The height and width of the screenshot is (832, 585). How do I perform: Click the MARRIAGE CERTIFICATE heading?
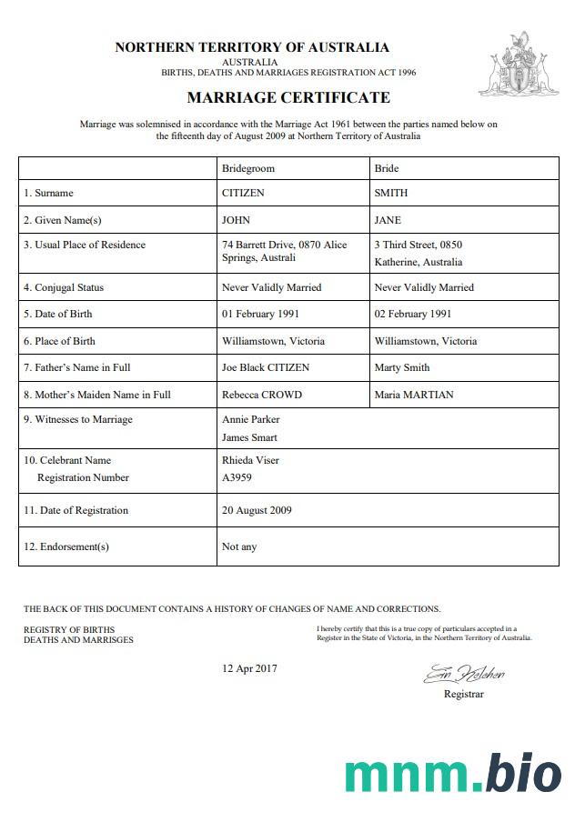[x=288, y=97]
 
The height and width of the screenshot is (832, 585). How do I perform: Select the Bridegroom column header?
[x=247, y=168]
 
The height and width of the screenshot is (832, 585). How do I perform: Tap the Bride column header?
[x=387, y=168]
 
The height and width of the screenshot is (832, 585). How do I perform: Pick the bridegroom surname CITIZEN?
[x=243, y=193]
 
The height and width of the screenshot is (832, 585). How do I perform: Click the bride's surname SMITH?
[x=391, y=193]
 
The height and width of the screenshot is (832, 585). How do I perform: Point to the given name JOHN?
[x=236, y=220]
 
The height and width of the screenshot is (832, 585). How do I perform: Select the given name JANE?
[x=388, y=220]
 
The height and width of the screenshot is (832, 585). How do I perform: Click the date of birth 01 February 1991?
[x=260, y=314]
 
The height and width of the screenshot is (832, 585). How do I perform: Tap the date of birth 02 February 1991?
[x=413, y=314]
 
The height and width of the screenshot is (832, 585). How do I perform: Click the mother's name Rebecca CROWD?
[x=261, y=395]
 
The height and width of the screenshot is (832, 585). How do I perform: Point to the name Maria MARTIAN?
[x=413, y=395]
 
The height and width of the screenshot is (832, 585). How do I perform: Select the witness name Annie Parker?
[x=250, y=419]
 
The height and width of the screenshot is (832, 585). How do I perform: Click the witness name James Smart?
[x=250, y=437]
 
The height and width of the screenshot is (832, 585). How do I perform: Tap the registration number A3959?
[x=237, y=477]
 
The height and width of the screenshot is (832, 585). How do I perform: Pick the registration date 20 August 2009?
[x=257, y=510]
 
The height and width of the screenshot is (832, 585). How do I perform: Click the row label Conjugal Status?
[x=64, y=287]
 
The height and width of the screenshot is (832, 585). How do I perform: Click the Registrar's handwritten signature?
[x=463, y=675]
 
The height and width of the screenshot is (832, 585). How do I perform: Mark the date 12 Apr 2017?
[x=249, y=668]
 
